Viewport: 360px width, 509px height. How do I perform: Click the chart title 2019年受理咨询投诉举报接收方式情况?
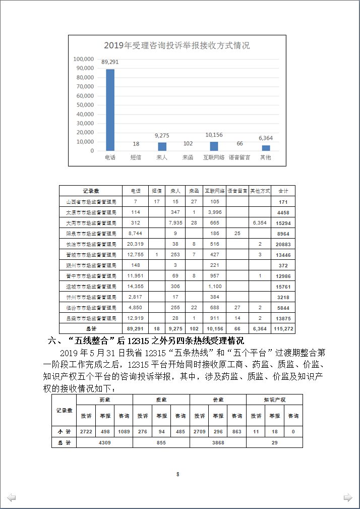tap(177, 45)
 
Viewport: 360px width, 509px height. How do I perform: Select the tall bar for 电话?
tap(110, 109)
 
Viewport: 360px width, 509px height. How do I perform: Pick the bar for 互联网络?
tap(214, 146)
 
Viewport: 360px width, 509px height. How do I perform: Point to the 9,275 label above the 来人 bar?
tap(162, 135)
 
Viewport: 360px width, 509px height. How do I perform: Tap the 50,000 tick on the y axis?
tap(84, 105)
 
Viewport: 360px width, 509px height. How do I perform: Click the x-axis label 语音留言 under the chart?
tap(239, 157)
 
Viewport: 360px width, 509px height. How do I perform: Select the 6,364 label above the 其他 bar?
tap(265, 138)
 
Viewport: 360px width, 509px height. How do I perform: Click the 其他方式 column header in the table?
tap(260, 191)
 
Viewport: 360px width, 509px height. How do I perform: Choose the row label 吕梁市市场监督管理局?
tap(91, 318)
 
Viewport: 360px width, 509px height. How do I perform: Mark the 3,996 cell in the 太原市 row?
tap(215, 212)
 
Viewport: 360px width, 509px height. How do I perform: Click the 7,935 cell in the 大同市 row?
tap(175, 222)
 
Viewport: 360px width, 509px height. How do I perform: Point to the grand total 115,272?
tap(283, 328)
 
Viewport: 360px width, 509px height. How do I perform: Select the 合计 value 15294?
tap(283, 222)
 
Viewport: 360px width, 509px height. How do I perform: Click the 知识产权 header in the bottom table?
tap(274, 399)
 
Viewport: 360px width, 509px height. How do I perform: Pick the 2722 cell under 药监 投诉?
tap(86, 431)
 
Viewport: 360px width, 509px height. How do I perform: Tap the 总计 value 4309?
tap(104, 442)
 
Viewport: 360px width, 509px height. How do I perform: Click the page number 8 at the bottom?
tap(178, 474)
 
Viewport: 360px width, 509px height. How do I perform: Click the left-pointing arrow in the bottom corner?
tap(11, 498)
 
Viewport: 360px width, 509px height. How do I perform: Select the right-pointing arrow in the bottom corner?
tap(348, 498)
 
